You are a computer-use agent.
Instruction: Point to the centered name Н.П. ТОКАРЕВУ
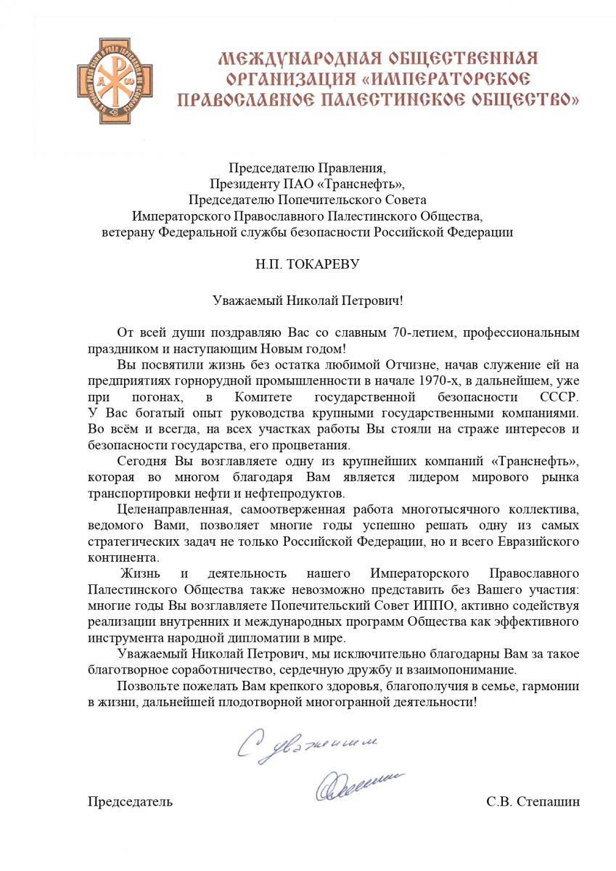(308, 265)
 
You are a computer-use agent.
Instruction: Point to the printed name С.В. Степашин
(533, 802)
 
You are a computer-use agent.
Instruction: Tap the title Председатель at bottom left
(131, 802)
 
